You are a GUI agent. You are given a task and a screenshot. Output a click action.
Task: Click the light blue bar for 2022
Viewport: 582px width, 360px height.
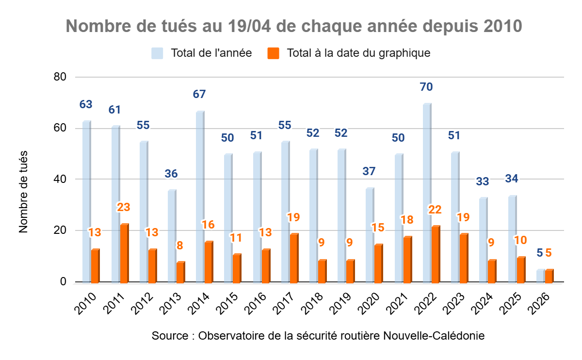[x=427, y=193]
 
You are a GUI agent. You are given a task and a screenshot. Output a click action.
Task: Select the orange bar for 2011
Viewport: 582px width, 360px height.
[x=124, y=253]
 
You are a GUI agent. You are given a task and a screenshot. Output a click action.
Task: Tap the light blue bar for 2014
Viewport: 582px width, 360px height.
[x=200, y=197]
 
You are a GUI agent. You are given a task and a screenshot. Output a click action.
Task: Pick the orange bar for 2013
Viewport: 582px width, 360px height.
[x=180, y=272]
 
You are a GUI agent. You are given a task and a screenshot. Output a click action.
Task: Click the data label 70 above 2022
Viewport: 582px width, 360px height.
[x=427, y=87]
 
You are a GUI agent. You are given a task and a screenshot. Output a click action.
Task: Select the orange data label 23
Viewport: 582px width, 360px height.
[x=124, y=207]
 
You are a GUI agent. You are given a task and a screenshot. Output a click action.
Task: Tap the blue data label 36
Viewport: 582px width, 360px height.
[x=171, y=174]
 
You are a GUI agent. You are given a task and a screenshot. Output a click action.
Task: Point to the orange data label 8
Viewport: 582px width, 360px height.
[x=180, y=245]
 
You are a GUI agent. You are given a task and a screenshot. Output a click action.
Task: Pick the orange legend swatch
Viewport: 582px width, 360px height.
[x=274, y=53]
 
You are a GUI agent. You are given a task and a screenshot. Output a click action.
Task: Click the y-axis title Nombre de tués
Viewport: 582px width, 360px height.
[x=24, y=192]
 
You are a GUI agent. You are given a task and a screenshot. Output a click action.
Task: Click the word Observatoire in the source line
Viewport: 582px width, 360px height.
[x=230, y=336]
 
